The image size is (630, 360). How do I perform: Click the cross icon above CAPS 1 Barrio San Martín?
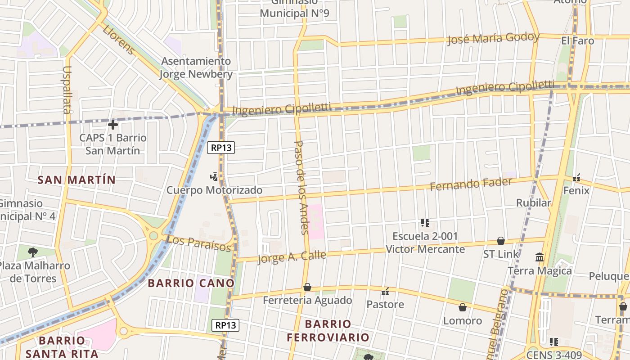coord(113,124)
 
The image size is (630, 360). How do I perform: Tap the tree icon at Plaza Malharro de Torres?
coord(32,252)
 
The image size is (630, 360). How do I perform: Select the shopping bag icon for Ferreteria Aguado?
coord(307,287)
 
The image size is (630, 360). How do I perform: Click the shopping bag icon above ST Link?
coord(500,241)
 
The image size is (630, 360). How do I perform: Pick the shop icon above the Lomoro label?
coord(462,307)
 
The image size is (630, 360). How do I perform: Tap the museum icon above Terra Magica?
coord(539,257)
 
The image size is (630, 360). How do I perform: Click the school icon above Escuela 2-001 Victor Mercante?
coord(425,222)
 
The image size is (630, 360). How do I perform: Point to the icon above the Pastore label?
coord(385,291)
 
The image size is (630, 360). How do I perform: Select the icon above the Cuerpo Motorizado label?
coord(214,176)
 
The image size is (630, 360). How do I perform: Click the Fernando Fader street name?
coord(471,184)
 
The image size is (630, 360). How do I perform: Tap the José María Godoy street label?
coord(493,38)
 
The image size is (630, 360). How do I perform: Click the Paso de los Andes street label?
coord(300,187)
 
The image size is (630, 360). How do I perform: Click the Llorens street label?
coord(119,40)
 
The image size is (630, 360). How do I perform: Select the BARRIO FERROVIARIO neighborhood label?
coord(328,331)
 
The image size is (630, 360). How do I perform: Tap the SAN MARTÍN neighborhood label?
coord(76,180)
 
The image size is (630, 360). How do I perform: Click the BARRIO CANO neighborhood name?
coord(191,283)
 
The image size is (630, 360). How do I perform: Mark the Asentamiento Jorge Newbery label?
coord(196,67)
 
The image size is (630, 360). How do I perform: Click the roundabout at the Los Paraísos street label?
coord(153,235)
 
